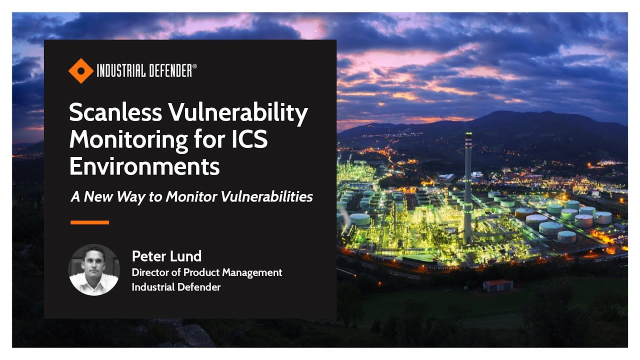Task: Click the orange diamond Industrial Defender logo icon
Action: tap(81, 70)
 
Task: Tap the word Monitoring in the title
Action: tap(129, 140)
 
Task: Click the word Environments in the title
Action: tap(144, 166)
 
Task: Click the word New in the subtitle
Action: tap(98, 196)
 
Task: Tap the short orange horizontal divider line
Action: tap(90, 222)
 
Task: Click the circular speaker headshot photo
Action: tap(94, 269)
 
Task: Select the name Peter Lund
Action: tap(166, 256)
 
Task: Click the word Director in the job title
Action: tap(149, 272)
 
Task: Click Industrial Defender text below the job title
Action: tap(176, 287)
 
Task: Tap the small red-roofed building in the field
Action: tap(498, 285)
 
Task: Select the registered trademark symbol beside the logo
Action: tap(194, 66)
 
